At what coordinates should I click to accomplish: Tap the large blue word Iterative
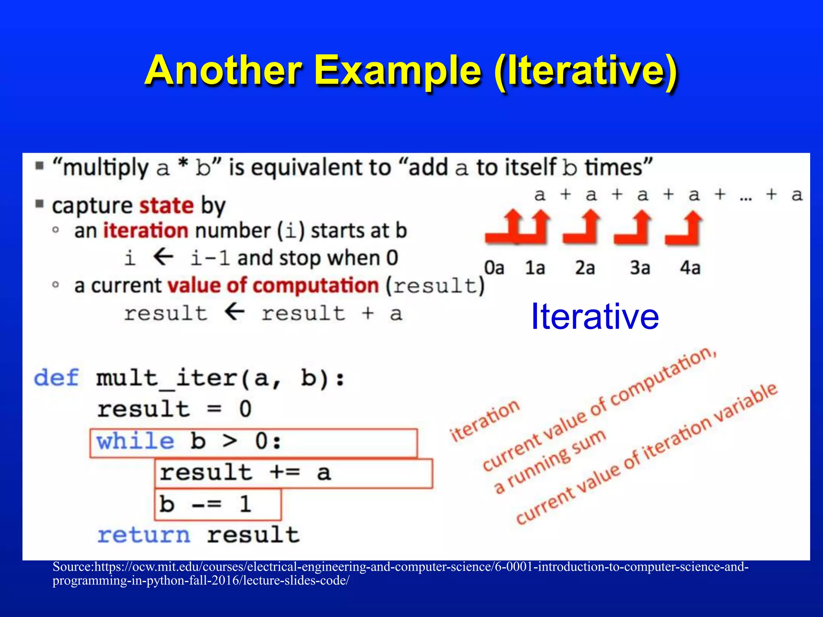pyautogui.click(x=595, y=317)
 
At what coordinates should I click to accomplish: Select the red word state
pyautogui.click(x=166, y=206)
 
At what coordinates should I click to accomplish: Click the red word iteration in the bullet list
pyautogui.click(x=145, y=231)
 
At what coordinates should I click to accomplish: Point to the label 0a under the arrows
pyautogui.click(x=494, y=268)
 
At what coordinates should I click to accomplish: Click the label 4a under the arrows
pyautogui.click(x=690, y=268)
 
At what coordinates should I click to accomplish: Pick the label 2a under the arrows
pyautogui.click(x=585, y=268)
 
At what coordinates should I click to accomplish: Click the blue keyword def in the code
pyautogui.click(x=56, y=378)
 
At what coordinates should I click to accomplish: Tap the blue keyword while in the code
pyautogui.click(x=135, y=441)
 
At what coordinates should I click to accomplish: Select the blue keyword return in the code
pyautogui.click(x=144, y=535)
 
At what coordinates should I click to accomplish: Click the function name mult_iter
pyautogui.click(x=167, y=378)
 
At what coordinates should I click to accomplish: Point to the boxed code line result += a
pyautogui.click(x=245, y=472)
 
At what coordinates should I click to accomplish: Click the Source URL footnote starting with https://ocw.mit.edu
pyautogui.click(x=400, y=573)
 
